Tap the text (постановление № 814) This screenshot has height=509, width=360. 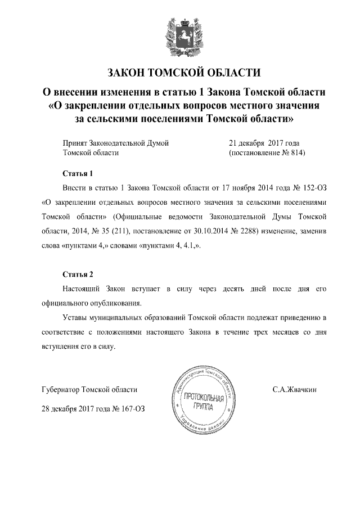267,152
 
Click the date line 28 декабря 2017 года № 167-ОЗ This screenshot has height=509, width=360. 93,408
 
